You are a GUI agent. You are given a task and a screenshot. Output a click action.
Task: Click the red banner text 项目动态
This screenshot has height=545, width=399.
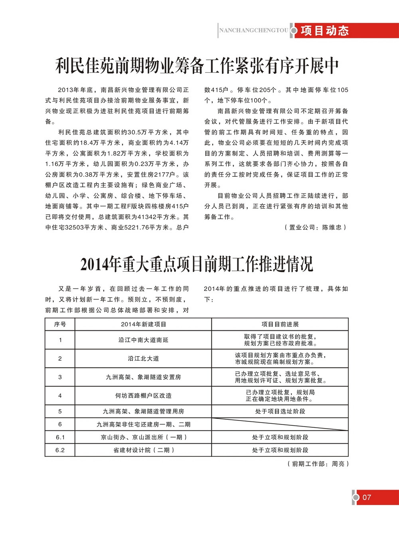click(x=325, y=31)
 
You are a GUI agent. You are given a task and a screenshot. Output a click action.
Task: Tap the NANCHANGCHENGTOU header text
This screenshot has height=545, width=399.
click(x=254, y=30)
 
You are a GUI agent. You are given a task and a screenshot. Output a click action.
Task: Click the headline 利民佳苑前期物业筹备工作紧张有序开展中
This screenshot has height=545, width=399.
click(x=197, y=66)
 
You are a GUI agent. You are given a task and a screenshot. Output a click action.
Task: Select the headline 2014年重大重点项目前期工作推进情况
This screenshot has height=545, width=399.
click(x=197, y=264)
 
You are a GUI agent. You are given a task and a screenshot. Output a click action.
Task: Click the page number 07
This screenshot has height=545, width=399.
click(x=367, y=497)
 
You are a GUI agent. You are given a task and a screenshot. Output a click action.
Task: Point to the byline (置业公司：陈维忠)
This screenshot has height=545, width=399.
click(x=316, y=227)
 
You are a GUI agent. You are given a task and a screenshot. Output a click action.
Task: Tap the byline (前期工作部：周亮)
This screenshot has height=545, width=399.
click(x=318, y=464)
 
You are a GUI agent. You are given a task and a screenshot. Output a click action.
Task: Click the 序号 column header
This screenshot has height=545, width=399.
click(x=60, y=324)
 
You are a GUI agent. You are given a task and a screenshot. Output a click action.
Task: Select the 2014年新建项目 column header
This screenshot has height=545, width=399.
click(x=143, y=324)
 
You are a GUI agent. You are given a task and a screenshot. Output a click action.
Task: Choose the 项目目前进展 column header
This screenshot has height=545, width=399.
click(x=280, y=324)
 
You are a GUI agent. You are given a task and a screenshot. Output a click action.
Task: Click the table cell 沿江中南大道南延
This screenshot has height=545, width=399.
click(x=143, y=340)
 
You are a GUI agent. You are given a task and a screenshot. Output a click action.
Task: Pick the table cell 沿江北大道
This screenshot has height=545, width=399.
click(x=143, y=358)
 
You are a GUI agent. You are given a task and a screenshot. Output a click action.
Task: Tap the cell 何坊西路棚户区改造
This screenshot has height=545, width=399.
click(x=143, y=395)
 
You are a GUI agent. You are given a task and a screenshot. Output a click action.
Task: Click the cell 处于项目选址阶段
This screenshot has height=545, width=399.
click(x=280, y=411)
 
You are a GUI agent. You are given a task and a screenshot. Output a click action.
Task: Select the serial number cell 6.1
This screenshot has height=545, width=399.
click(x=60, y=437)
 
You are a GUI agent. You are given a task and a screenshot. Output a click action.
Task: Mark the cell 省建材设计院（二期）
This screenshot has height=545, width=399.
click(x=143, y=450)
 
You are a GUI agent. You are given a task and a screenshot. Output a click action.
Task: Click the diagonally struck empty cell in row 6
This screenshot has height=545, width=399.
click(x=280, y=424)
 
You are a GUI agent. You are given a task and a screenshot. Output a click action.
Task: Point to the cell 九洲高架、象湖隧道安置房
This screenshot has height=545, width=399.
click(x=143, y=377)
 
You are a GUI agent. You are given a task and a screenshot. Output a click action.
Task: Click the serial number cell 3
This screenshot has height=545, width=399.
click(x=60, y=377)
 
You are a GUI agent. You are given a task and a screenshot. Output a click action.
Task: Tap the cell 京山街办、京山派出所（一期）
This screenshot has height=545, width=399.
click(x=143, y=437)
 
